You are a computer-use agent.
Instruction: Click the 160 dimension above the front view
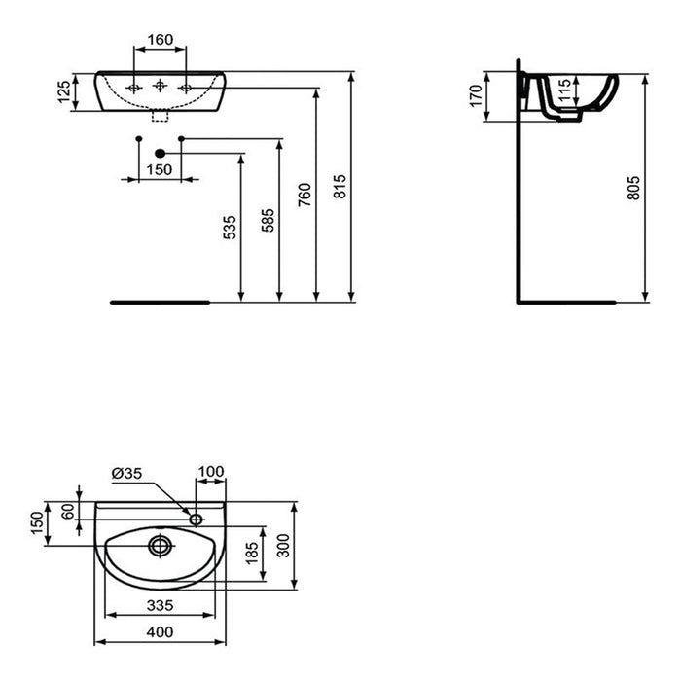(160, 40)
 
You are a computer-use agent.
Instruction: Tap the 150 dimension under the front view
(160, 169)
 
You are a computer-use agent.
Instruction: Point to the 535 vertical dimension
(230, 227)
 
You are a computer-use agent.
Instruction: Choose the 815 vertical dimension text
(340, 187)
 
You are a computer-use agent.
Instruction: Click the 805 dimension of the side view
(634, 189)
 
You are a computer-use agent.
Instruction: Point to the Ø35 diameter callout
(128, 473)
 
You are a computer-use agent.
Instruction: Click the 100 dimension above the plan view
(211, 472)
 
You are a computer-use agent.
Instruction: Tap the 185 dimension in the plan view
(253, 554)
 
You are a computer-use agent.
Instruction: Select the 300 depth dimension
(283, 545)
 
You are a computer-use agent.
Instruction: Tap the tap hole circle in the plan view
(197, 519)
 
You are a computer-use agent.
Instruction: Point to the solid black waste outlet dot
(161, 153)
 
